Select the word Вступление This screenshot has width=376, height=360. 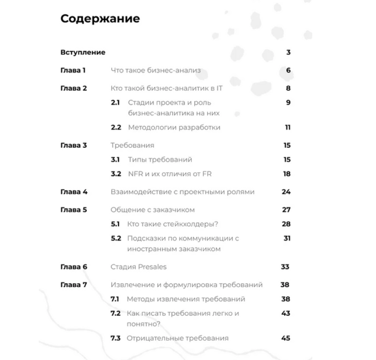(83, 53)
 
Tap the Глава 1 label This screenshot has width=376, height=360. (73, 70)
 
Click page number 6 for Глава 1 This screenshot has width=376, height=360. (288, 70)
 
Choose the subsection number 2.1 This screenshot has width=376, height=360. (115, 103)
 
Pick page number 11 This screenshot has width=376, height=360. (288, 127)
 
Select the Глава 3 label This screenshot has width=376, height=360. (73, 146)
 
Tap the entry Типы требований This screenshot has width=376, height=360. (160, 160)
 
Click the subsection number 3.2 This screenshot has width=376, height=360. (115, 174)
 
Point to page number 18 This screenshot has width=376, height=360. (287, 174)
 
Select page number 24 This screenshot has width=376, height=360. (286, 192)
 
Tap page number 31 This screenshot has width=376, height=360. (287, 238)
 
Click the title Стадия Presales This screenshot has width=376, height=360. (139, 267)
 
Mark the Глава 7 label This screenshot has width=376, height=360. (74, 285)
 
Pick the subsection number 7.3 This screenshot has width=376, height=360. (115, 338)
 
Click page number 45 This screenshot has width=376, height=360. (286, 338)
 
